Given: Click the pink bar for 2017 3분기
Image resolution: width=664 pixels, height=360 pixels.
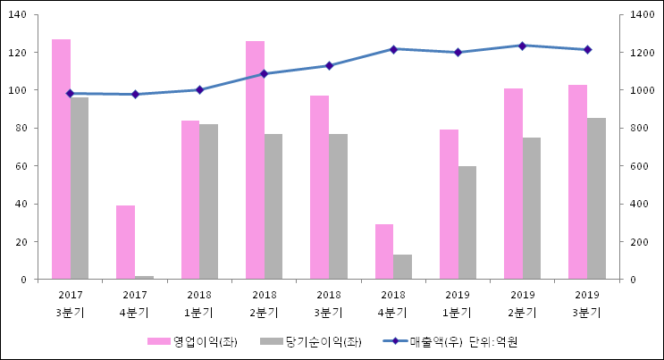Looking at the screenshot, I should point(61,159).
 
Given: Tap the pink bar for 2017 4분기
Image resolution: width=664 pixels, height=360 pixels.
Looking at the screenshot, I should point(125,242).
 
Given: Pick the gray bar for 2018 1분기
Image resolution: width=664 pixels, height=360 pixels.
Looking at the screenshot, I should point(208,201).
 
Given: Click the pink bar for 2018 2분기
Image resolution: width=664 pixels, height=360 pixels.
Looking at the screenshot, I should point(255,160).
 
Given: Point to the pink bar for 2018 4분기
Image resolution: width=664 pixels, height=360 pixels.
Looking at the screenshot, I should point(384,251).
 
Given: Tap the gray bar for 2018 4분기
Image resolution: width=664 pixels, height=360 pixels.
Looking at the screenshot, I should point(402,267).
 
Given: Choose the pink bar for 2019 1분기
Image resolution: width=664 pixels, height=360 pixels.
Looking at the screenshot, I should point(449,205).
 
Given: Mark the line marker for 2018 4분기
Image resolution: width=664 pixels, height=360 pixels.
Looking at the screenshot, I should point(393,49).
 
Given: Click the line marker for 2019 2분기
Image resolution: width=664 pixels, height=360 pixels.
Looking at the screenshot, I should point(523,46).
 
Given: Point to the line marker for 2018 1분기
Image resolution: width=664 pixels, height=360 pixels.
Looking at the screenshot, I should point(199,89).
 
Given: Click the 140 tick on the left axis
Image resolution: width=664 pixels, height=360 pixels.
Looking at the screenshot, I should point(20,15).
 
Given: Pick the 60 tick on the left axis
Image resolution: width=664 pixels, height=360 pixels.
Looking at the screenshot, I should point(22,166).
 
